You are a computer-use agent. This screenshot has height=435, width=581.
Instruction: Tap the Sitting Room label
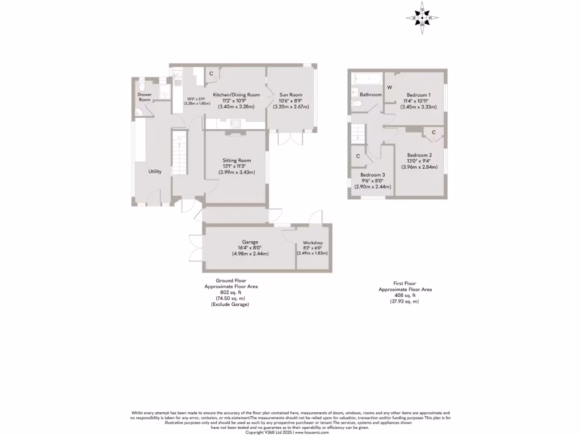click(x=237, y=160)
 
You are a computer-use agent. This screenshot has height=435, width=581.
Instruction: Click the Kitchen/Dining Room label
click(x=236, y=95)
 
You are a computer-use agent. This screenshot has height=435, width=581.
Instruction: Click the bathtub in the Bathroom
click(x=367, y=79)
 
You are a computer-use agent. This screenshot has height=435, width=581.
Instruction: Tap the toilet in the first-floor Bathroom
click(x=356, y=104)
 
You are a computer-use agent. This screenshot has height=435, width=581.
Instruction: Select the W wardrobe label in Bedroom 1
click(x=389, y=88)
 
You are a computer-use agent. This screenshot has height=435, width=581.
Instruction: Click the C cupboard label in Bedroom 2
click(x=433, y=132)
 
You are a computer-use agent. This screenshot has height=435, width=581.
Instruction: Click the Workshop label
click(x=313, y=242)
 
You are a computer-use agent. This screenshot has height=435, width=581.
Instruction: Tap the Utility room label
click(x=155, y=172)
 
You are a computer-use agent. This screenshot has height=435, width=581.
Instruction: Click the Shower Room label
click(x=145, y=97)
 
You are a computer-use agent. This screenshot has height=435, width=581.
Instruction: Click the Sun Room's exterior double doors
click(x=290, y=139)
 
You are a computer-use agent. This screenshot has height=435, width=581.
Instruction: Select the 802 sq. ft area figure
click(x=230, y=292)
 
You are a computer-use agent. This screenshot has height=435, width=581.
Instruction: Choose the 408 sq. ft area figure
click(x=405, y=295)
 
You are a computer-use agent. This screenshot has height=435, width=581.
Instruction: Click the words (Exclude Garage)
click(x=230, y=304)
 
